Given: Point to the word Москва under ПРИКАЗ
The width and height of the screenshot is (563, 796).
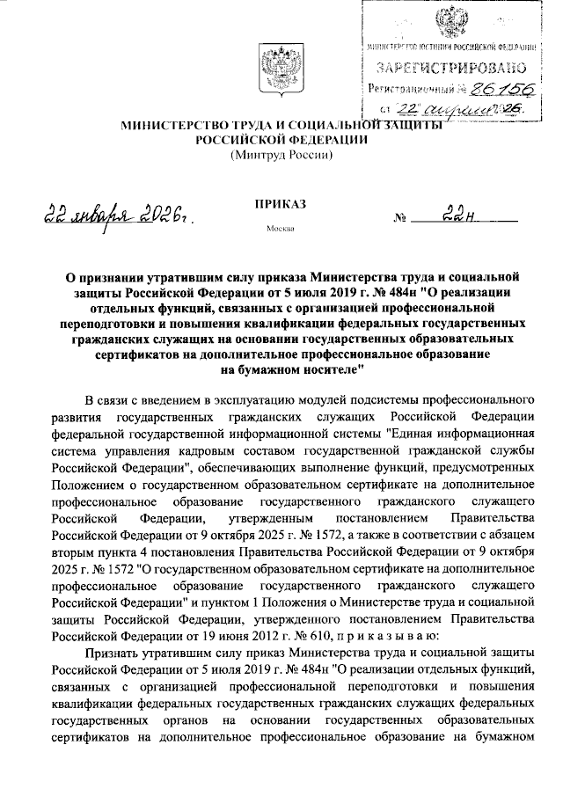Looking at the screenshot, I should click(280, 230).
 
